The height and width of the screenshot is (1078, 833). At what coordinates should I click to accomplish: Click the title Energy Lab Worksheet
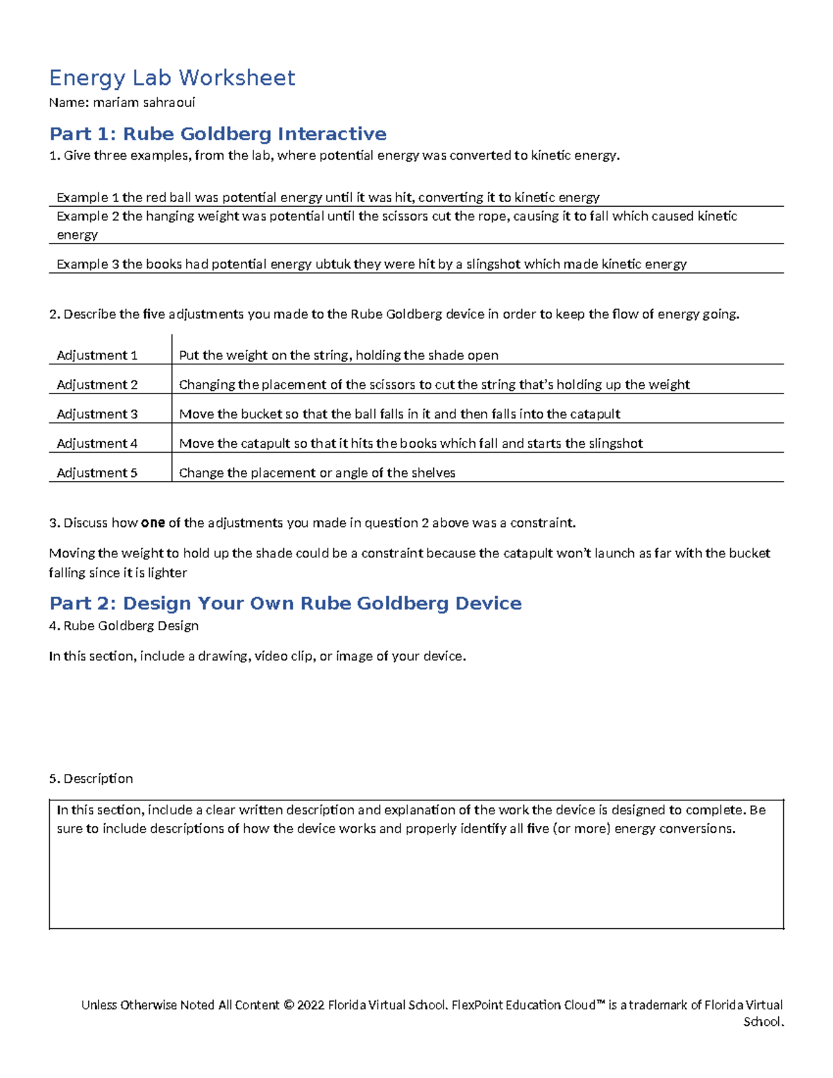[172, 77]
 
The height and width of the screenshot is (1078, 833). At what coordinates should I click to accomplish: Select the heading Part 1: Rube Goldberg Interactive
[217, 133]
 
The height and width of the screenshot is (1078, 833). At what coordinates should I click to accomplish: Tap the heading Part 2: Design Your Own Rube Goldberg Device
[285, 603]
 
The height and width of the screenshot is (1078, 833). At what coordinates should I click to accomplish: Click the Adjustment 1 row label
[96, 355]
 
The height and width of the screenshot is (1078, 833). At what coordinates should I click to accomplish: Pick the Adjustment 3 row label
[96, 414]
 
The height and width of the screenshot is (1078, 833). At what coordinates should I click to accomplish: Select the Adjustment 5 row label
[96, 473]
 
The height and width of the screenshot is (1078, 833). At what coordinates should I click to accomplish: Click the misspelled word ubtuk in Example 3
[333, 264]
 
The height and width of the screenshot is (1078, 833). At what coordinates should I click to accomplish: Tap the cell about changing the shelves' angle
[317, 473]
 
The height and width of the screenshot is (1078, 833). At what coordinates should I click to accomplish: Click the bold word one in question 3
[152, 523]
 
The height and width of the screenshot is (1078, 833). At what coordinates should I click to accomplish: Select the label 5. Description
[91, 778]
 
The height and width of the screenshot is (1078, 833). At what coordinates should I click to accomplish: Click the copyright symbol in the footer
[288, 1004]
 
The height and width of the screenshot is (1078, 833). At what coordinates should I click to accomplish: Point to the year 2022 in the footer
[310, 1004]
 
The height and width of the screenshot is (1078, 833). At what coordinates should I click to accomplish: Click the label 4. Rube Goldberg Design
[124, 625]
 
